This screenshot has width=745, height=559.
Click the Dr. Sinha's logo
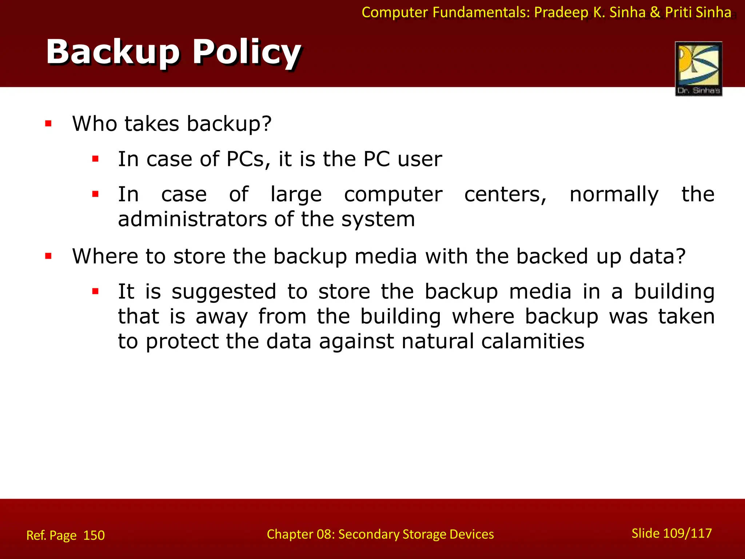tap(698, 68)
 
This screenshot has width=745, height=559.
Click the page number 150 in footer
tap(94, 535)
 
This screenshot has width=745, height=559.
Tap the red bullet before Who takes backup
tap(48, 124)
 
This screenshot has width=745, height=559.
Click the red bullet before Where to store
tap(48, 256)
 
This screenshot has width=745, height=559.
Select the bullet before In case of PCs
tap(95, 159)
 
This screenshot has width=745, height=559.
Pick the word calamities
tap(533, 341)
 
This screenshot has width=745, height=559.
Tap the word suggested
tap(224, 292)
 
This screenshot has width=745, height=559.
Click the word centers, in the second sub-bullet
tap(505, 194)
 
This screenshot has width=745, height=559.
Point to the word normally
tap(614, 194)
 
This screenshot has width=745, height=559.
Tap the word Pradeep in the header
tap(561, 12)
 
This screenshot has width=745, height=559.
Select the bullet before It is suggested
tap(95, 292)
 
